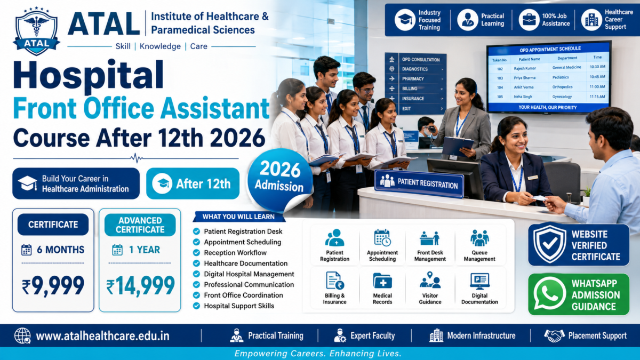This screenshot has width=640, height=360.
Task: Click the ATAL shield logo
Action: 36,31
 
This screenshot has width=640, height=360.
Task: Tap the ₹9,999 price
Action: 53,286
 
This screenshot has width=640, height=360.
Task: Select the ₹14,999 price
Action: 140,286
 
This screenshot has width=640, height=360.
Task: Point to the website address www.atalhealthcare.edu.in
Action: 102,336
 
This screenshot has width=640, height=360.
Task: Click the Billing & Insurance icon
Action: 334,281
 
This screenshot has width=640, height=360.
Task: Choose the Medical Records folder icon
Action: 382,281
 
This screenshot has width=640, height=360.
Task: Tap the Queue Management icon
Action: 479,238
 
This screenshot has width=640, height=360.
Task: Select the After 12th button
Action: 193,183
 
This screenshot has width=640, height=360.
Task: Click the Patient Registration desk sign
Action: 419,184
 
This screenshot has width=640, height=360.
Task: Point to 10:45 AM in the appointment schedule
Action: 597,77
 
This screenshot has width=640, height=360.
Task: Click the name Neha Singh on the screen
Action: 523,97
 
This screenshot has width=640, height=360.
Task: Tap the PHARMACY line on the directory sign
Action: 413,79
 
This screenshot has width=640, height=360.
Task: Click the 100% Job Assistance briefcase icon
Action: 529,20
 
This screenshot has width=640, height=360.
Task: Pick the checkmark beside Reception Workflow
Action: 196,253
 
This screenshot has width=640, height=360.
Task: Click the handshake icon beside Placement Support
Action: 554,335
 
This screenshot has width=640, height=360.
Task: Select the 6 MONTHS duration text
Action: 61,250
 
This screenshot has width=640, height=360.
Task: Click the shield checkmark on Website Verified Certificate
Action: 549,244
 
